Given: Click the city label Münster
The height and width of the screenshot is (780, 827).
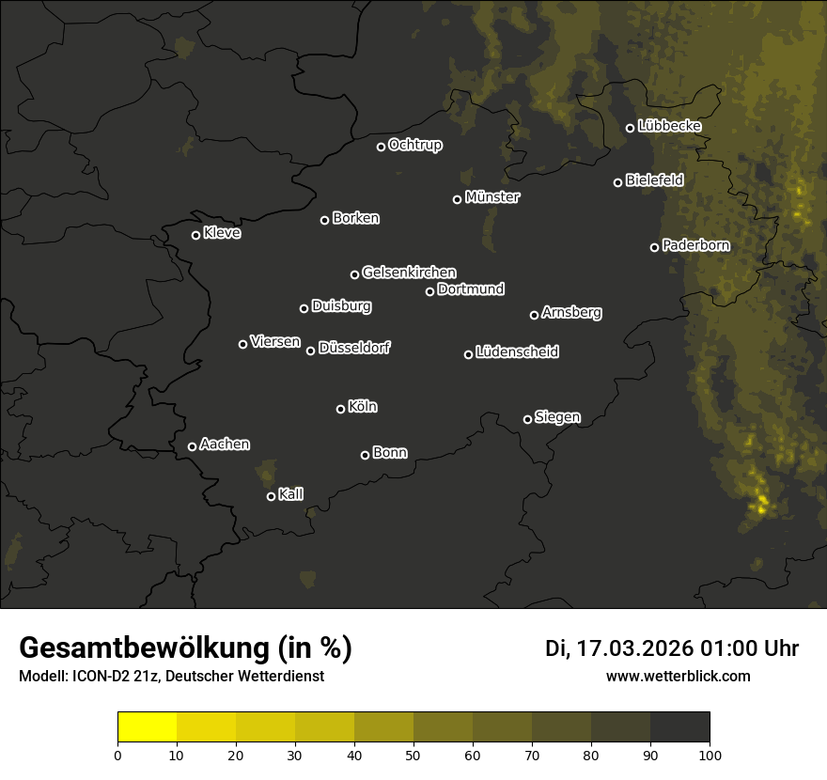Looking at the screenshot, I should [x=492, y=197].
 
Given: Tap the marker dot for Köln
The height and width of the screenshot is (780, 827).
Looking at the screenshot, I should [x=340, y=409].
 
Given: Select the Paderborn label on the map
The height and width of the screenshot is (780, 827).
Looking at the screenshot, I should [x=695, y=245].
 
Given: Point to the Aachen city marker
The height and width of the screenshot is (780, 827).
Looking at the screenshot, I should [x=192, y=446].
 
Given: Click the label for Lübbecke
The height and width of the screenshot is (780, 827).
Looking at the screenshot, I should [x=669, y=126].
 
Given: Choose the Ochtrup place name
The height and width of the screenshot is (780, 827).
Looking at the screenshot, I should [x=414, y=145].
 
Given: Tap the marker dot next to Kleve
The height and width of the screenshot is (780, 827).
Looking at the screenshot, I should [x=195, y=235].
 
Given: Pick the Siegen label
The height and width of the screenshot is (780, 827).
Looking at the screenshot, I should [x=557, y=417].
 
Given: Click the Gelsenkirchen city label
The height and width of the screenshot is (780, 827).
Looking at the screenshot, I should [x=409, y=273].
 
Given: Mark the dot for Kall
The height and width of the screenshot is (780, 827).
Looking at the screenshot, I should [x=271, y=496].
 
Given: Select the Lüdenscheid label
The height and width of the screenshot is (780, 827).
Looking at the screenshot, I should [x=517, y=352].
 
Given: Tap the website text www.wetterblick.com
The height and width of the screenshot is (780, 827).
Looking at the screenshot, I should [x=679, y=676].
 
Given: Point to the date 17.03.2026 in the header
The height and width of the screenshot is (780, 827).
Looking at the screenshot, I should [x=635, y=648].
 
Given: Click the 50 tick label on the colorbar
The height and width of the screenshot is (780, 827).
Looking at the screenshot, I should [x=413, y=754].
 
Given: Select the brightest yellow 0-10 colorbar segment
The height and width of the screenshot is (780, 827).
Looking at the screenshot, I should [x=147, y=727].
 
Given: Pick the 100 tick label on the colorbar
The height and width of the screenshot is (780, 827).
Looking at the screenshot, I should [x=710, y=754].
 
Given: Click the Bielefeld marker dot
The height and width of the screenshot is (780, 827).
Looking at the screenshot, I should [x=617, y=182].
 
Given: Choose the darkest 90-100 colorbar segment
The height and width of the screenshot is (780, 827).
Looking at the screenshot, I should [x=679, y=727].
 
